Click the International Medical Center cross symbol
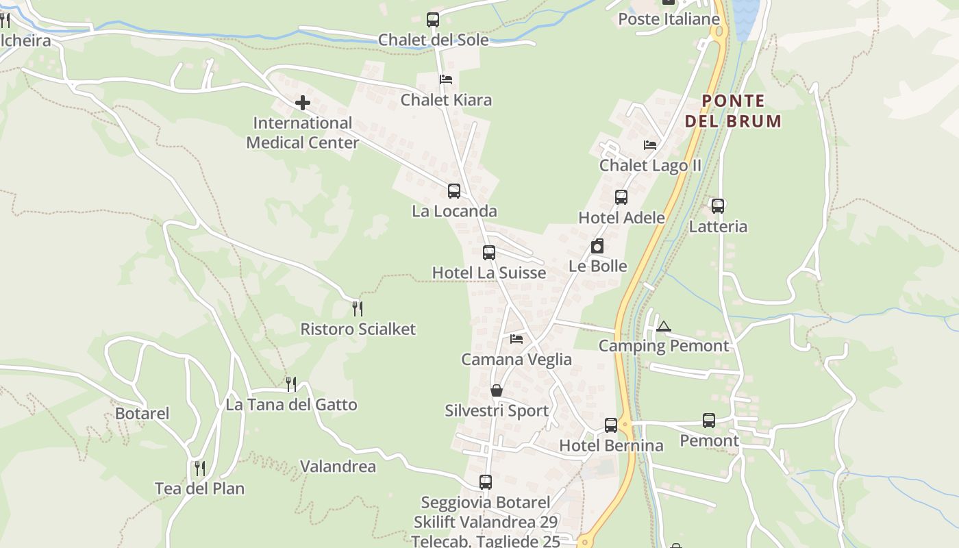click(302, 103)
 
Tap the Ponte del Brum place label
click(733, 112)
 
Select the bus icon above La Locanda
click(453, 191)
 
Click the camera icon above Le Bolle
click(597, 246)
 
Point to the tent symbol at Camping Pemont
click(662, 326)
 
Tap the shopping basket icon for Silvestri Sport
click(497, 390)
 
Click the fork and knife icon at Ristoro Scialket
click(357, 309)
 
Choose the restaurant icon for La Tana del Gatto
click(291, 384)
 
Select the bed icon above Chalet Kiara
click(446, 79)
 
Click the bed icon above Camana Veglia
click(516, 338)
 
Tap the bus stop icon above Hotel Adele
click(621, 197)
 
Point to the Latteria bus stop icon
click(717, 206)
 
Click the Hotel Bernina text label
click(611, 446)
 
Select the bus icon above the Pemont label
click(708, 421)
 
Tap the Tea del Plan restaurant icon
click(199, 469)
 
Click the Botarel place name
click(142, 414)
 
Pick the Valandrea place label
click(338, 466)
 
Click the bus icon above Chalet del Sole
click(433, 20)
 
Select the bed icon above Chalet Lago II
click(650, 145)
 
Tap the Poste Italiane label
click(669, 19)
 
